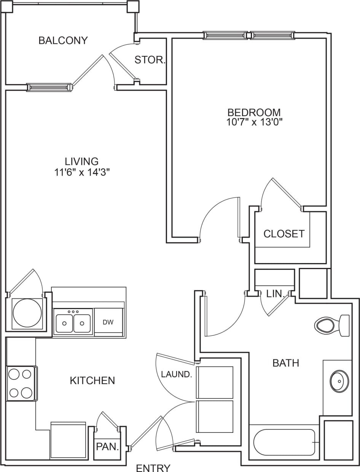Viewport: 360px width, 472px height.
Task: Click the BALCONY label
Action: (x=63, y=40)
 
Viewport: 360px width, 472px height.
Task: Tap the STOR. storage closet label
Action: (x=150, y=60)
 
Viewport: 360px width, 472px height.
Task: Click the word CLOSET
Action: (x=284, y=234)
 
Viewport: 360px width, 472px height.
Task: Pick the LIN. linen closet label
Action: (x=276, y=294)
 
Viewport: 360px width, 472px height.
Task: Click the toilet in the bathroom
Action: (x=331, y=325)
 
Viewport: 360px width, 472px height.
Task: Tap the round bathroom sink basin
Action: (x=339, y=381)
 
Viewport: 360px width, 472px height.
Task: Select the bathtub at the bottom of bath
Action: (x=284, y=442)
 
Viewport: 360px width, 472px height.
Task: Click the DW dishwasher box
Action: (x=108, y=322)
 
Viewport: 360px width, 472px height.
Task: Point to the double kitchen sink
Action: (x=73, y=323)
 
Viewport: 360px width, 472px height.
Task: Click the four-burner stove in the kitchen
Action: (x=21, y=383)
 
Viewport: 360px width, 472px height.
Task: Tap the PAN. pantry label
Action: (x=107, y=447)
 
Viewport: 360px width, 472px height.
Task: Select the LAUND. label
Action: (x=176, y=374)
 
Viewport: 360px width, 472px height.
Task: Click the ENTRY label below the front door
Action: (x=153, y=467)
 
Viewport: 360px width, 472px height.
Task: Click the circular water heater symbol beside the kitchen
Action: (x=27, y=313)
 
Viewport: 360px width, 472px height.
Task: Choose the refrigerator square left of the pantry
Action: (x=68, y=440)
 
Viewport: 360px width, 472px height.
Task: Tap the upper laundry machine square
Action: (x=215, y=382)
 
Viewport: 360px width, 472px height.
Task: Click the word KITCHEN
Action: (x=92, y=380)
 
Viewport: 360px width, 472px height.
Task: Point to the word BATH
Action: (x=286, y=363)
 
